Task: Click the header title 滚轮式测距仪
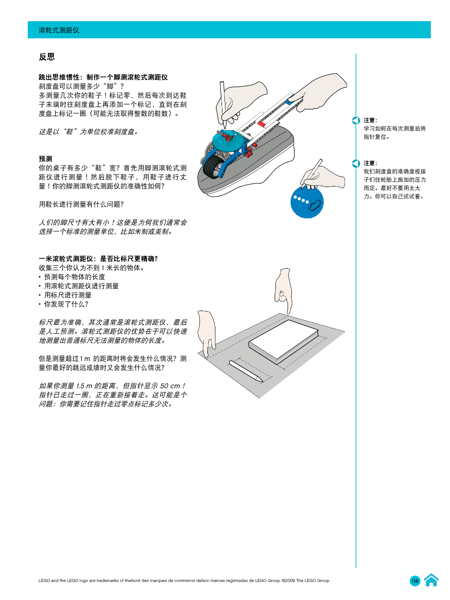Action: pos(59,30)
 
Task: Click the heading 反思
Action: pos(46,57)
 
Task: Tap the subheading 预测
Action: pos(45,159)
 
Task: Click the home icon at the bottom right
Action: pos(431,580)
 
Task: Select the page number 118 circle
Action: pos(415,581)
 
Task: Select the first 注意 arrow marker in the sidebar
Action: pos(356,121)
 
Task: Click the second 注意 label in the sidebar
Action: pos(370,163)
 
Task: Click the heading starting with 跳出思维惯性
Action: pos(103,77)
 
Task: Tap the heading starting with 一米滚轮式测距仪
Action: pos(99,259)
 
